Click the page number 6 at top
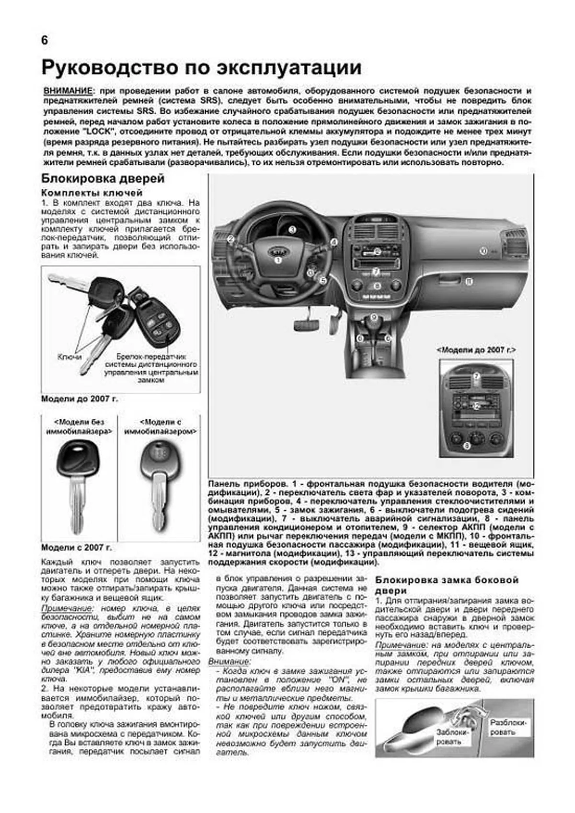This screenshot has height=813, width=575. pyautogui.click(x=44, y=41)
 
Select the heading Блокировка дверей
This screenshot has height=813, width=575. pyautogui.click(x=103, y=179)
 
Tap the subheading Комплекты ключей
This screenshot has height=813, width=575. pyautogui.click(x=92, y=193)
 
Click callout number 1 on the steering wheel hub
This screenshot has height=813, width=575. pyautogui.click(x=278, y=260)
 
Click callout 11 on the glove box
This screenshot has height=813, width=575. pyautogui.click(x=469, y=282)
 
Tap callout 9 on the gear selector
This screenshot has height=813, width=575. pyautogui.click(x=374, y=317)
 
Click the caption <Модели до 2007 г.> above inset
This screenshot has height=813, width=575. pyautogui.click(x=476, y=350)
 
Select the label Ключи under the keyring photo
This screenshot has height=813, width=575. pyautogui.click(x=69, y=357)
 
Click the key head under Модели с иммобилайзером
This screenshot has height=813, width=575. pyautogui.click(x=158, y=461)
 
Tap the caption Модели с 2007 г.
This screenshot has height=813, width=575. pyautogui.click(x=80, y=547)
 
